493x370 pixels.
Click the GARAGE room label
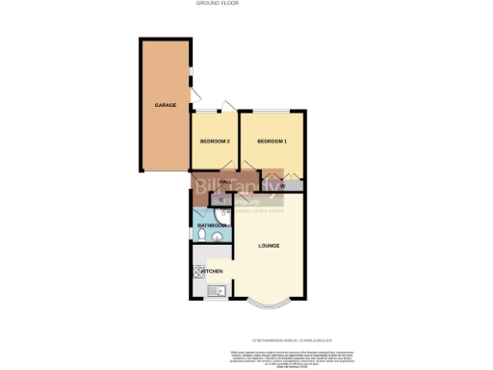click(x=165, y=104)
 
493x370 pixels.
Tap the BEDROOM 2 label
click(x=214, y=142)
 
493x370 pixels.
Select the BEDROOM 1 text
click(x=272, y=142)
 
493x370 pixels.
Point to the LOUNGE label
click(x=270, y=245)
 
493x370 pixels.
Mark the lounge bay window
click(x=270, y=307)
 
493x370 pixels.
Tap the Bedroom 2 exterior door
click(x=225, y=106)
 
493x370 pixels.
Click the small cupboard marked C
click(x=221, y=200)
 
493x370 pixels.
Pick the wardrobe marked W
click(x=283, y=185)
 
